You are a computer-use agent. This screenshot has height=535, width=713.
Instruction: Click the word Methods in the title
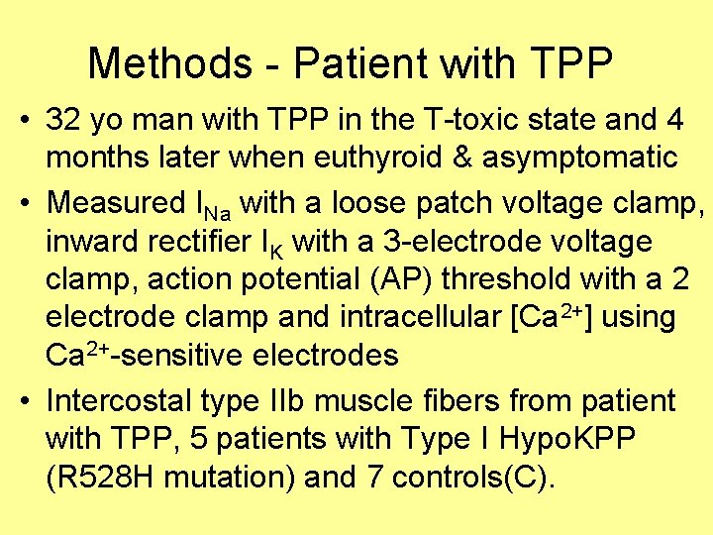pyautogui.click(x=170, y=64)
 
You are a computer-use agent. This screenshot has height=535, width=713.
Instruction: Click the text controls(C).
pyautogui.click(x=474, y=478)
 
